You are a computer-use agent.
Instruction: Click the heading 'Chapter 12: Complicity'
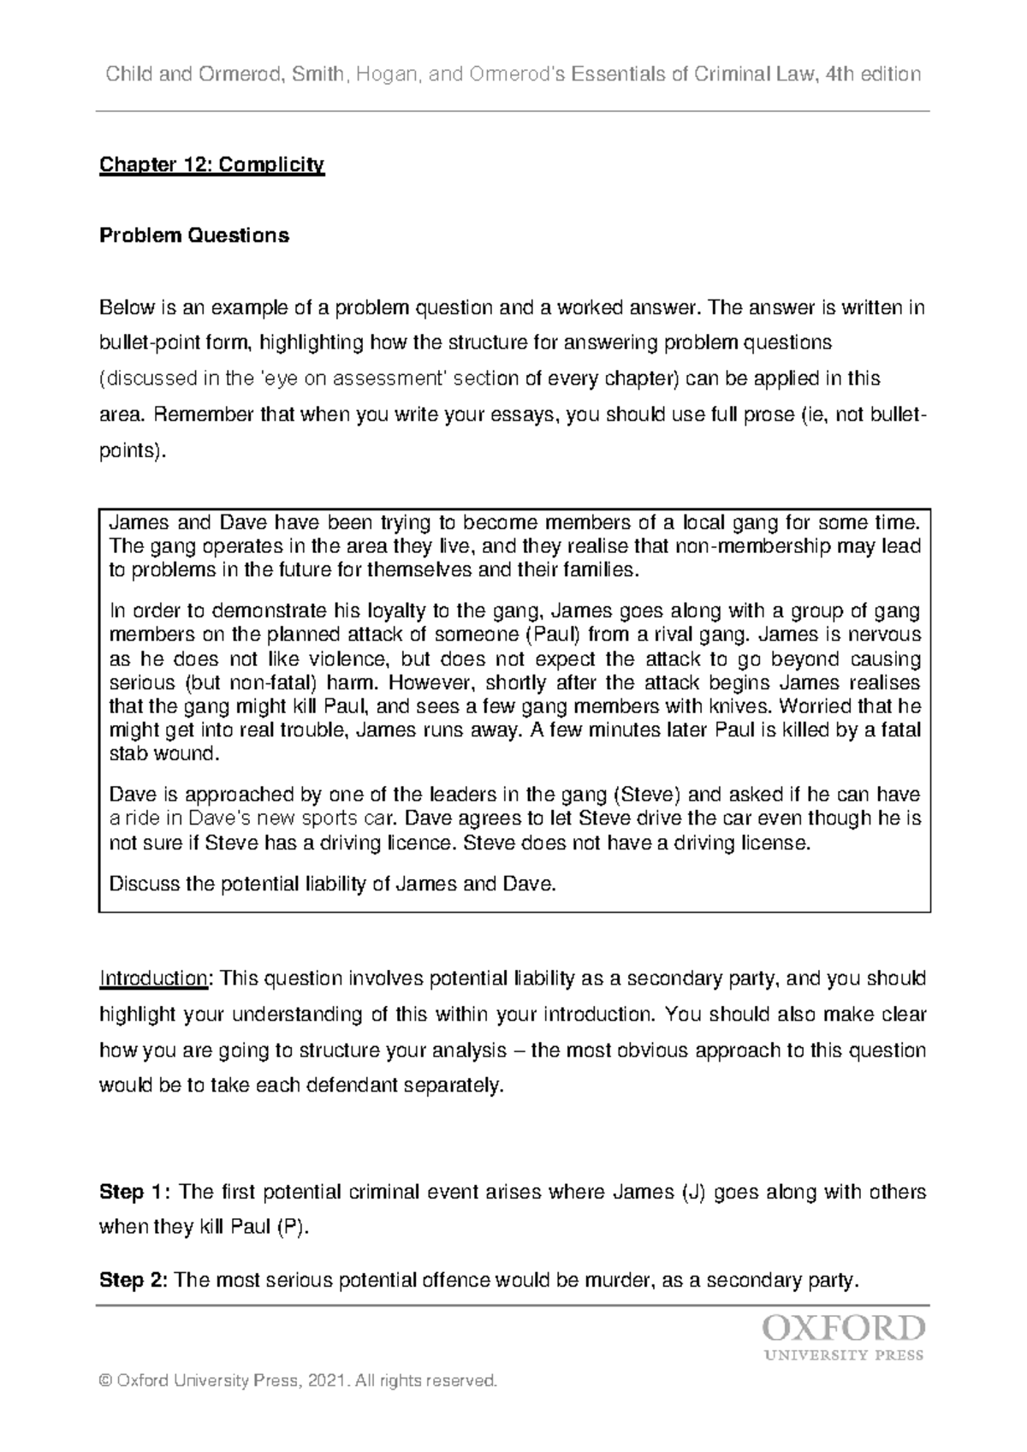point(212,164)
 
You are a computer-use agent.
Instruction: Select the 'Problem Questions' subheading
point(194,235)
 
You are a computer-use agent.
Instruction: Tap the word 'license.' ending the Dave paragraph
point(775,842)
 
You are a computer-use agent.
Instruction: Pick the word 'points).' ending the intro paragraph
point(130,451)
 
